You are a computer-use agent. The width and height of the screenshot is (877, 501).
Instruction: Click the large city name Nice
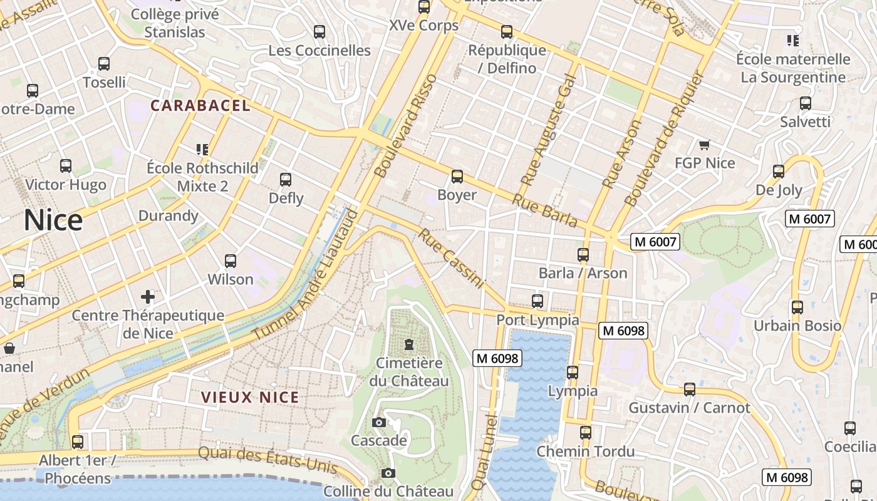[53, 220]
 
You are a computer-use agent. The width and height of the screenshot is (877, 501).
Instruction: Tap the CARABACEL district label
[200, 106]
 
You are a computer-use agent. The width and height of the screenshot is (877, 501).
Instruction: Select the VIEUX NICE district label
[250, 397]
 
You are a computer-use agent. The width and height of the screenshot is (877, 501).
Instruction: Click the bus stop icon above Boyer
[457, 177]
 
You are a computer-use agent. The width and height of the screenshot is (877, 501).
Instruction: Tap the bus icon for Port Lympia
[537, 301]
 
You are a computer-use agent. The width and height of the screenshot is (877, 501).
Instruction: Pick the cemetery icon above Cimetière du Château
[409, 344]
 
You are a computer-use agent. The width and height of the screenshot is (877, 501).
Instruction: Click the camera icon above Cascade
[378, 422]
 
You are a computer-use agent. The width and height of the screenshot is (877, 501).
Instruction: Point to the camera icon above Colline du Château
[388, 473]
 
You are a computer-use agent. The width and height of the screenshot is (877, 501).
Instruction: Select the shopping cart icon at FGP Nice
[704, 145]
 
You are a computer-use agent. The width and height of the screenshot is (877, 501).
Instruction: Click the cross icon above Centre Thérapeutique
[148, 296]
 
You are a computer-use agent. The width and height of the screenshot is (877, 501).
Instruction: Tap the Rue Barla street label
[545, 210]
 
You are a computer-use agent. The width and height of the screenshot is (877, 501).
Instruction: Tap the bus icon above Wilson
[231, 261]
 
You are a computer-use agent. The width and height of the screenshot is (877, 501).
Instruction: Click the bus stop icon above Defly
[286, 180]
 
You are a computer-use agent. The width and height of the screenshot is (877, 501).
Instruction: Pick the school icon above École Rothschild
[202, 149]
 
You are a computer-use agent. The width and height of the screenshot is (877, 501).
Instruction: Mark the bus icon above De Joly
[779, 171]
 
